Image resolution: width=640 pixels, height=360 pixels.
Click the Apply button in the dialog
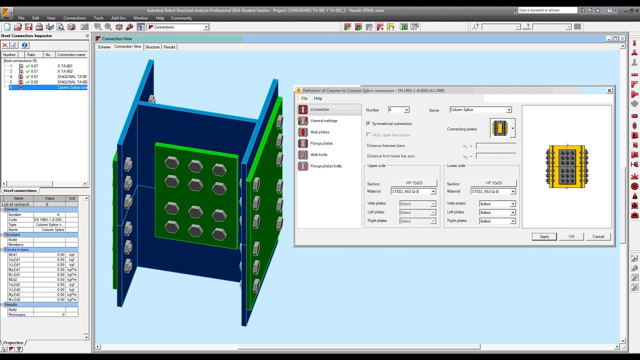(544, 236)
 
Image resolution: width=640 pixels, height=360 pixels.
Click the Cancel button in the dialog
(598, 236)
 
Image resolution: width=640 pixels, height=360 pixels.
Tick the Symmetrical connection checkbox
(368, 123)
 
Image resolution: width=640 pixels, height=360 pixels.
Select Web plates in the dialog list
(319, 132)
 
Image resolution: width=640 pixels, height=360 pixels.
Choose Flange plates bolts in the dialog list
(325, 166)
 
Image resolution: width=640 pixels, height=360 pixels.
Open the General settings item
(323, 120)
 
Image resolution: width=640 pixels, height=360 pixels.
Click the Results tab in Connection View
(169, 47)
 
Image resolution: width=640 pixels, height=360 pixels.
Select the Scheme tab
(104, 47)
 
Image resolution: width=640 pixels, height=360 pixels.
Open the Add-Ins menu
(118, 18)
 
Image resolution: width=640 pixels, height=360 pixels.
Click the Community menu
(181, 18)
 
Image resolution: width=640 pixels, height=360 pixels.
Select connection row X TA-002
(65, 71)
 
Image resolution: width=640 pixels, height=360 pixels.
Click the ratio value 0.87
(34, 66)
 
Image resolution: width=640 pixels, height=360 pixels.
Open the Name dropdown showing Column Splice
(508, 110)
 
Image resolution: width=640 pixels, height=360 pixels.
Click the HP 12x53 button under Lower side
(493, 183)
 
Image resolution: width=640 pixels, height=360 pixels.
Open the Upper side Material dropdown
(433, 191)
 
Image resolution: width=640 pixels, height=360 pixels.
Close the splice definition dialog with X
(609, 90)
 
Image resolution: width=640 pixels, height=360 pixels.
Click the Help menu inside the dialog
(317, 98)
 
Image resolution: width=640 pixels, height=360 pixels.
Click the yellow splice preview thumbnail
(567, 166)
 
